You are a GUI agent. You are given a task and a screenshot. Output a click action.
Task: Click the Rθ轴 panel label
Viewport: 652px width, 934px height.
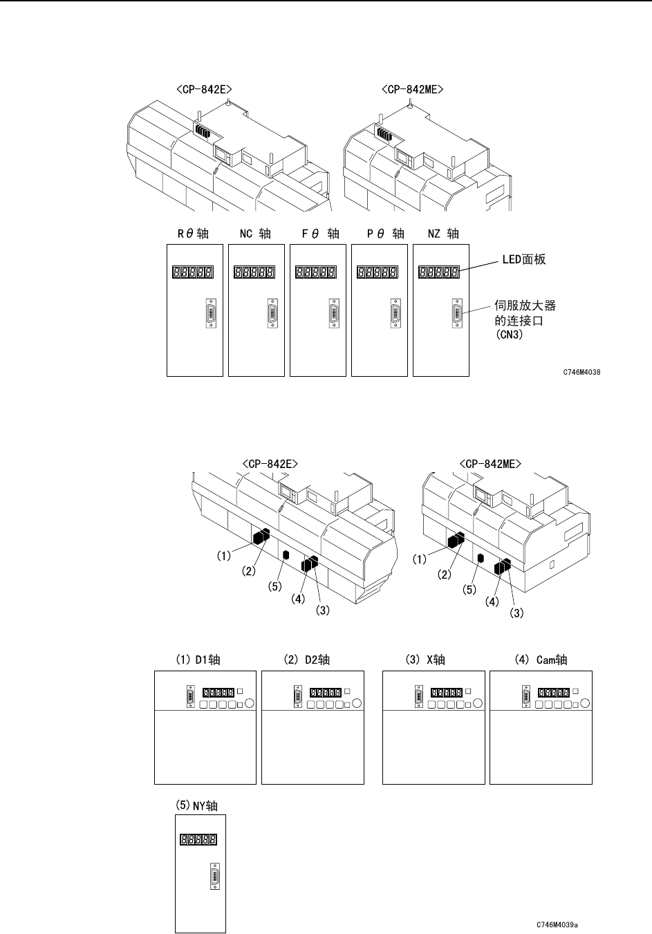(x=193, y=234)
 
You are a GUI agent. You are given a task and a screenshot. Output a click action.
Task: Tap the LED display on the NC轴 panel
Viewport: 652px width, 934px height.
(x=254, y=272)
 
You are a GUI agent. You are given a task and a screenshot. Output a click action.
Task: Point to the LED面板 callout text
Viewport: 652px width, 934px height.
(x=523, y=259)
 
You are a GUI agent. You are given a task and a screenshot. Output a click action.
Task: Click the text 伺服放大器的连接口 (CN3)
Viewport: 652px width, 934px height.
(x=525, y=323)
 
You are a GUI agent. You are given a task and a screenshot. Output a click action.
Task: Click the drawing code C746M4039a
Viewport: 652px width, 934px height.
(x=557, y=924)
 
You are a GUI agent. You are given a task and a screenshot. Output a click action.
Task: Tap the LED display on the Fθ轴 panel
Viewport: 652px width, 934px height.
(x=316, y=272)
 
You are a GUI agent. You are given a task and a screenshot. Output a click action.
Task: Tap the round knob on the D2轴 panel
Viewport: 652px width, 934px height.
(x=356, y=703)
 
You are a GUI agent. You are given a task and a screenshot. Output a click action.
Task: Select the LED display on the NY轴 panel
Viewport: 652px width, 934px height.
(x=198, y=840)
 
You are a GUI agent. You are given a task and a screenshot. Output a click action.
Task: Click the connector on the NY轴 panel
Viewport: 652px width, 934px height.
(x=214, y=876)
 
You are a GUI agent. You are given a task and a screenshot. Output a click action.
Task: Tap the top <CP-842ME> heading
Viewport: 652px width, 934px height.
(x=413, y=89)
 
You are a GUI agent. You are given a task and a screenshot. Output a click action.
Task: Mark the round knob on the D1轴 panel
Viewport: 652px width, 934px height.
(x=249, y=703)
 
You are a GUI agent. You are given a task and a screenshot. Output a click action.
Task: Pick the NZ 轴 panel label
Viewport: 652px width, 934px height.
(x=443, y=234)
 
